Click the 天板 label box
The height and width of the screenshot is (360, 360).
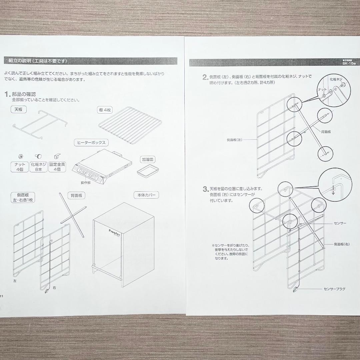point(18,109)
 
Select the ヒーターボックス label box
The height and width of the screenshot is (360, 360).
point(91,143)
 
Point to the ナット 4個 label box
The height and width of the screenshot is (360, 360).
point(20,167)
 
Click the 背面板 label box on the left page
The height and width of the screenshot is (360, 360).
point(76,196)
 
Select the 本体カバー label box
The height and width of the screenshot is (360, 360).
point(146,195)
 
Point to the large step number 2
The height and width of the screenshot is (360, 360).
point(205,77)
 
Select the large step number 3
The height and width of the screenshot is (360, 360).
point(205,189)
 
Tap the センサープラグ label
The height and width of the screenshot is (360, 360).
point(334,289)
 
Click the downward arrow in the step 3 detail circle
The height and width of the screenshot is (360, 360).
point(333,192)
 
